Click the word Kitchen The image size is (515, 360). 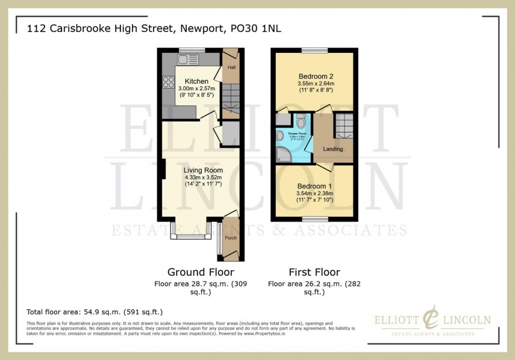point(196,81)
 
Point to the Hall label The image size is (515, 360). point(231,68)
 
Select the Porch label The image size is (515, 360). point(231,238)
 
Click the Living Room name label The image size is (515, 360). point(199,170)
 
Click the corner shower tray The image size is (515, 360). point(283,154)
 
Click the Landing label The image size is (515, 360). point(333,149)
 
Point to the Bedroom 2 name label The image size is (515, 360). point(316,76)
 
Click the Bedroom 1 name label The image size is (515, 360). point(316,186)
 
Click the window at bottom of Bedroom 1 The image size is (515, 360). point(311,218)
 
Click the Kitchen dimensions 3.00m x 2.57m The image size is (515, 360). point(197,89)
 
